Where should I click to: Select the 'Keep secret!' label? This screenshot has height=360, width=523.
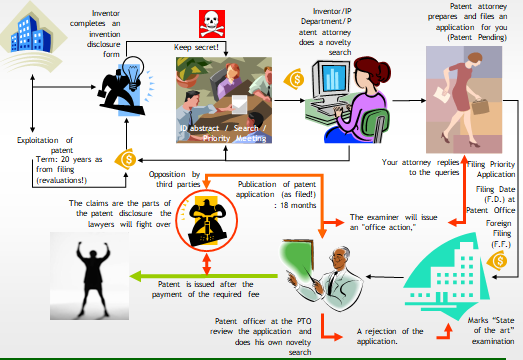click(204, 47)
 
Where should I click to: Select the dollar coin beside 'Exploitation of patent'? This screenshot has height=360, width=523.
click(127, 158)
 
